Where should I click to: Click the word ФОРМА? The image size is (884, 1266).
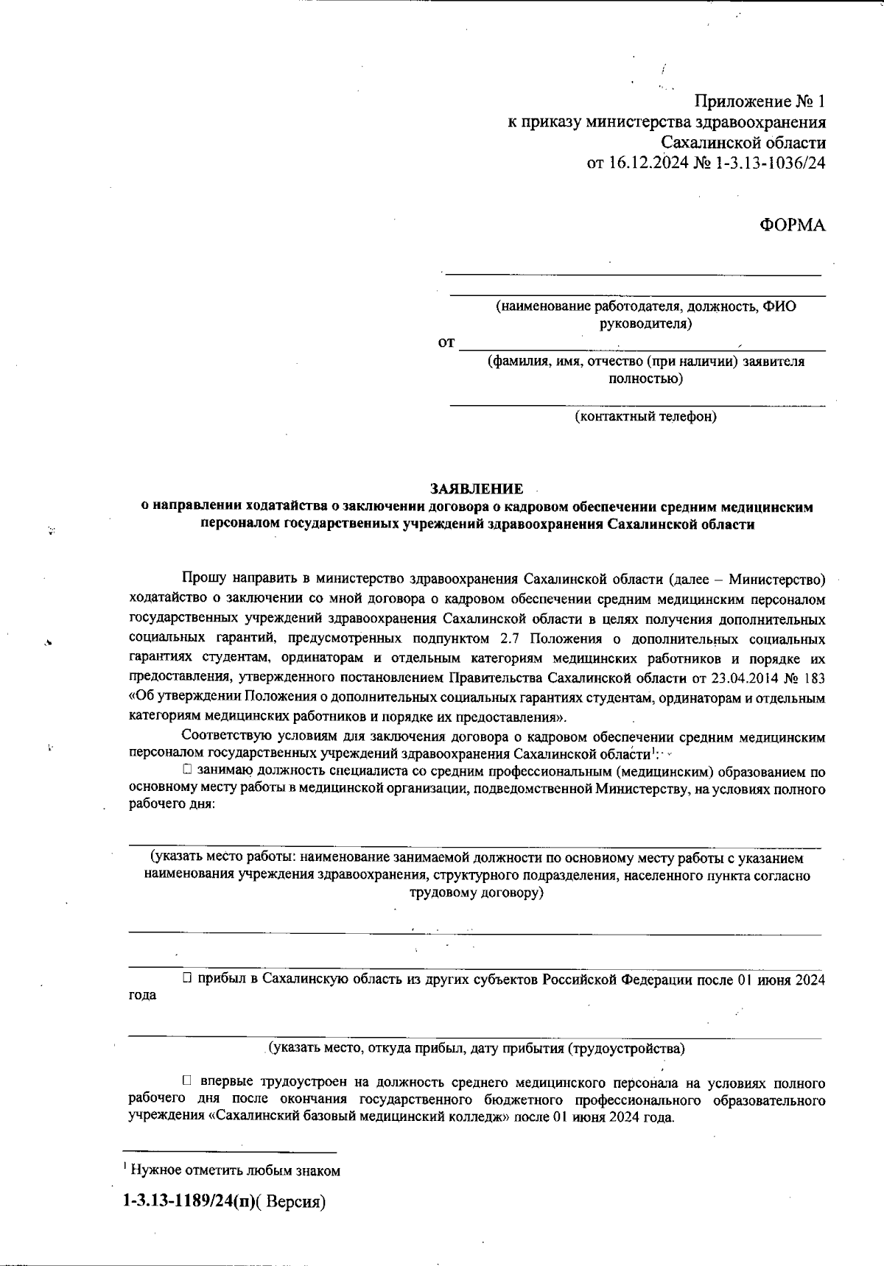click(x=792, y=225)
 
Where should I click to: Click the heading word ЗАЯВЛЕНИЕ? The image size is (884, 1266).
click(x=477, y=489)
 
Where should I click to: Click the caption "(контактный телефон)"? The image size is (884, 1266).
click(x=645, y=417)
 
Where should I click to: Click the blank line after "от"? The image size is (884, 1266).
click(x=641, y=345)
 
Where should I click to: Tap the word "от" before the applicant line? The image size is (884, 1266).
click(x=446, y=343)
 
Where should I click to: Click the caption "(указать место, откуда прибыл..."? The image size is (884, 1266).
click(x=476, y=1048)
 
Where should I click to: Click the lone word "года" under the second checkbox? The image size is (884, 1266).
click(x=142, y=995)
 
